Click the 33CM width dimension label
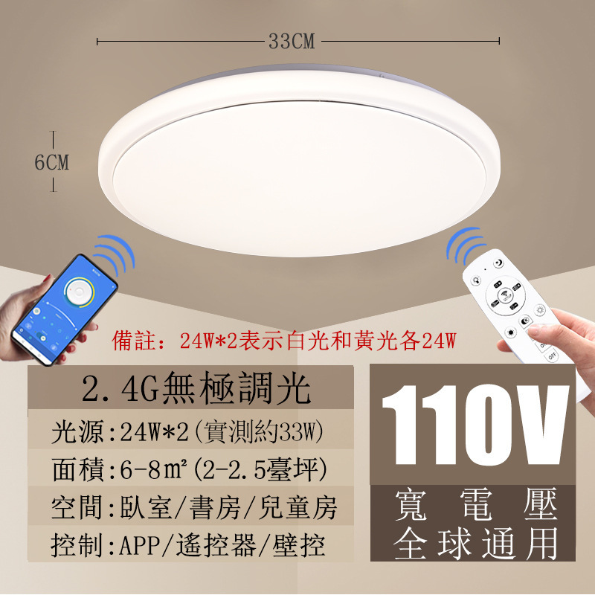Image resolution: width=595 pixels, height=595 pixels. point(292,42)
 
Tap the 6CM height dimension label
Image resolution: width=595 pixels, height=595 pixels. point(52,162)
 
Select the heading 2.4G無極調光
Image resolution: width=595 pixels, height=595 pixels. point(195,387)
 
